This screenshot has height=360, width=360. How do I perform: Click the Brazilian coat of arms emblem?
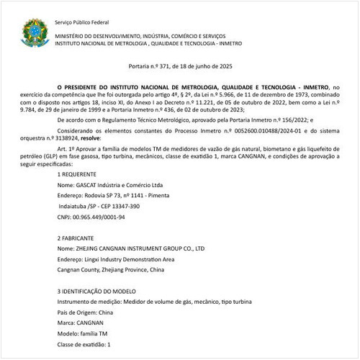(32, 33)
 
